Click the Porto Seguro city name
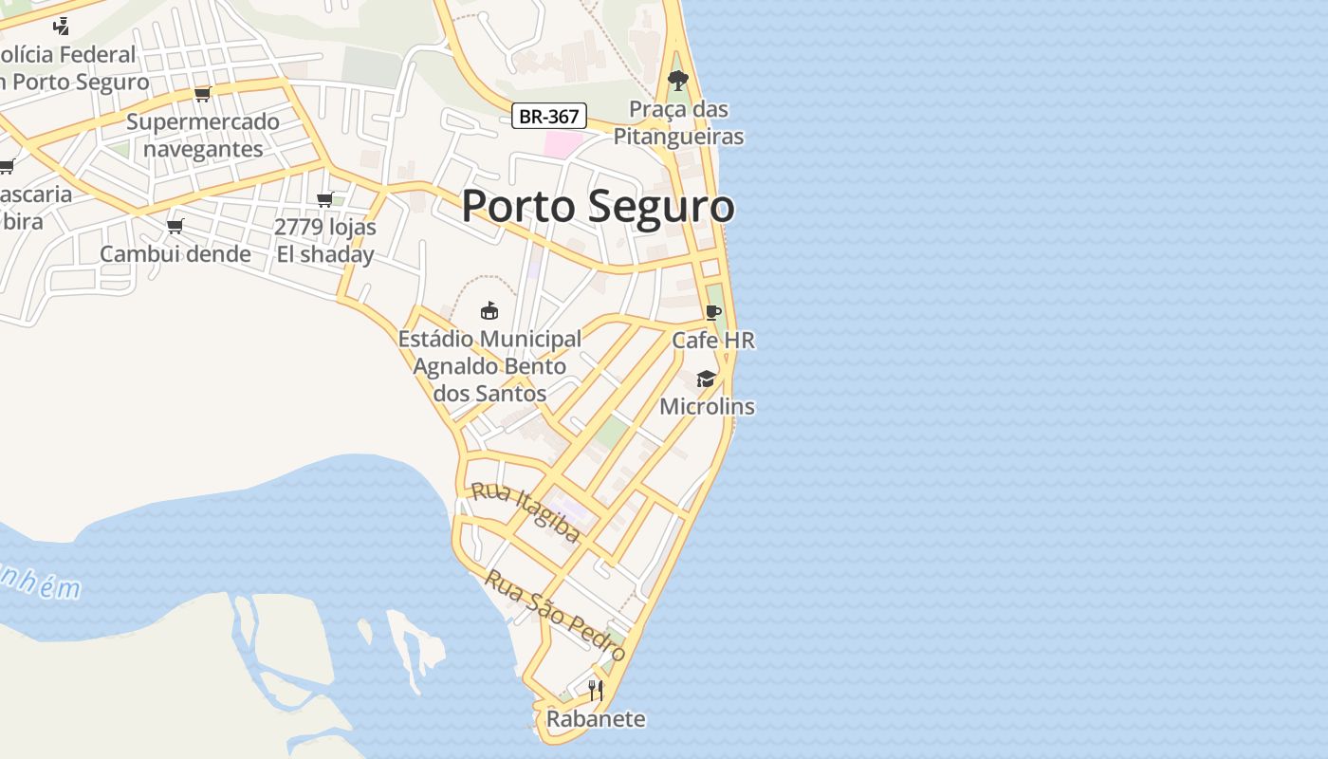[598, 206]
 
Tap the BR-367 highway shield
[549, 117]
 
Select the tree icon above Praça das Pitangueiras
[677, 80]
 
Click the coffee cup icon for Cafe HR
[713, 313]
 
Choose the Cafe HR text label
[713, 340]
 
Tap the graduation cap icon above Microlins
[706, 379]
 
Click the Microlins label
[707, 406]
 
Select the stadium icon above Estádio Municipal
[489, 310]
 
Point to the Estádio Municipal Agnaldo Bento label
[489, 365]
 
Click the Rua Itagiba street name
[526, 512]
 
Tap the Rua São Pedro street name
[555, 616]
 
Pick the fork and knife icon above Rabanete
[596, 691]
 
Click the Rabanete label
[596, 719]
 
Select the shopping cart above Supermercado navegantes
[202, 94]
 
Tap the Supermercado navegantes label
[202, 135]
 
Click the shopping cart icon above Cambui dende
[175, 226]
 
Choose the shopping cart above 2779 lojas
[325, 199]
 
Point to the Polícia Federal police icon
[62, 27]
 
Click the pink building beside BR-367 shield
[562, 144]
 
